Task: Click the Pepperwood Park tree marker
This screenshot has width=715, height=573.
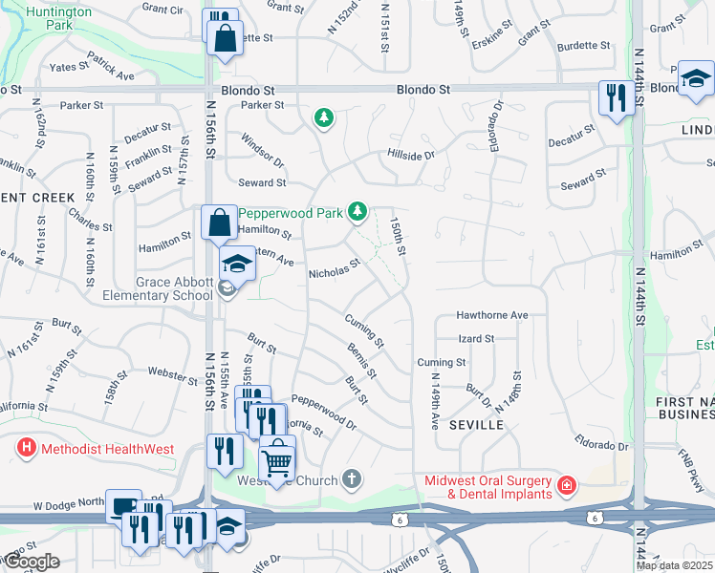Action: [357, 210]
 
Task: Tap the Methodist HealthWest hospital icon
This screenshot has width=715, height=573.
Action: [26, 447]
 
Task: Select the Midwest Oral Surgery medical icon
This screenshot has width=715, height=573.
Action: [566, 485]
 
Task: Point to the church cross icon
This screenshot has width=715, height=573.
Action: [353, 477]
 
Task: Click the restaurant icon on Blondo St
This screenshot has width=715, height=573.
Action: [613, 96]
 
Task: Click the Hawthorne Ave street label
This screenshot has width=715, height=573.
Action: [492, 314]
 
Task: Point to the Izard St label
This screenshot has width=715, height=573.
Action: [476, 338]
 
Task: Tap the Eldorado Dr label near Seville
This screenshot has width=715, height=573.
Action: [600, 446]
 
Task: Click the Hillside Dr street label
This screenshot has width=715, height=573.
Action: [411, 154]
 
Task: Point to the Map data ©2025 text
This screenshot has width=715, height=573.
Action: [674, 565]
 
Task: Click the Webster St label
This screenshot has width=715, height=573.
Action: [174, 374]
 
